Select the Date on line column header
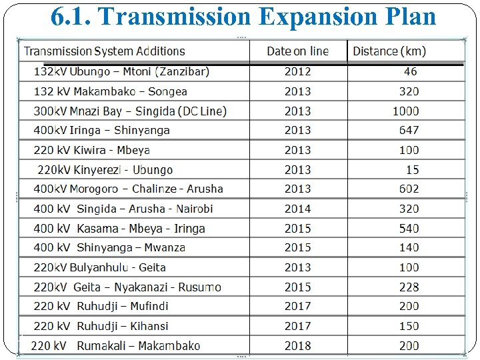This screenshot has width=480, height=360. click(297, 51)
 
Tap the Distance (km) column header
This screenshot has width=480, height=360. click(389, 51)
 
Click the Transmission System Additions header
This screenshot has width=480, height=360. click(105, 51)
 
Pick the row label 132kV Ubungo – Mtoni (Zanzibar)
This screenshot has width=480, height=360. click(121, 71)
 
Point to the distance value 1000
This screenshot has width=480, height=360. click(405, 111)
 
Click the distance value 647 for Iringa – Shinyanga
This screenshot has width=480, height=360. click(409, 130)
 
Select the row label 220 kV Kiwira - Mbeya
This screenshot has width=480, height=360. click(92, 150)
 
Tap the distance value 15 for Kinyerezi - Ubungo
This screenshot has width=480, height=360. click(412, 170)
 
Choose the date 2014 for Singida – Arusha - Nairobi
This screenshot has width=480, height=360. click(297, 209)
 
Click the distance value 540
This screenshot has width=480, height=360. click(409, 228)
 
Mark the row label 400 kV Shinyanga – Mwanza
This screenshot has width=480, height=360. click(109, 247)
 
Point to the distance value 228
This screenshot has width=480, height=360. click(409, 287)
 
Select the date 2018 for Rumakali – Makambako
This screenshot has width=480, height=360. click(297, 345)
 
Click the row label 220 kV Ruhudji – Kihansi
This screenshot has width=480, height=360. click(101, 326)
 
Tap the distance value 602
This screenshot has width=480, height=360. click(409, 189)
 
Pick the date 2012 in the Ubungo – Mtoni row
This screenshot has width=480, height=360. click(297, 71)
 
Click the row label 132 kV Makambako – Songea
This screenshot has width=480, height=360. click(111, 91)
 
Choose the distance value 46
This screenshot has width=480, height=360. click(410, 71)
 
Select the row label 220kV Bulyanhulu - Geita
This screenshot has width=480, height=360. click(100, 267)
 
